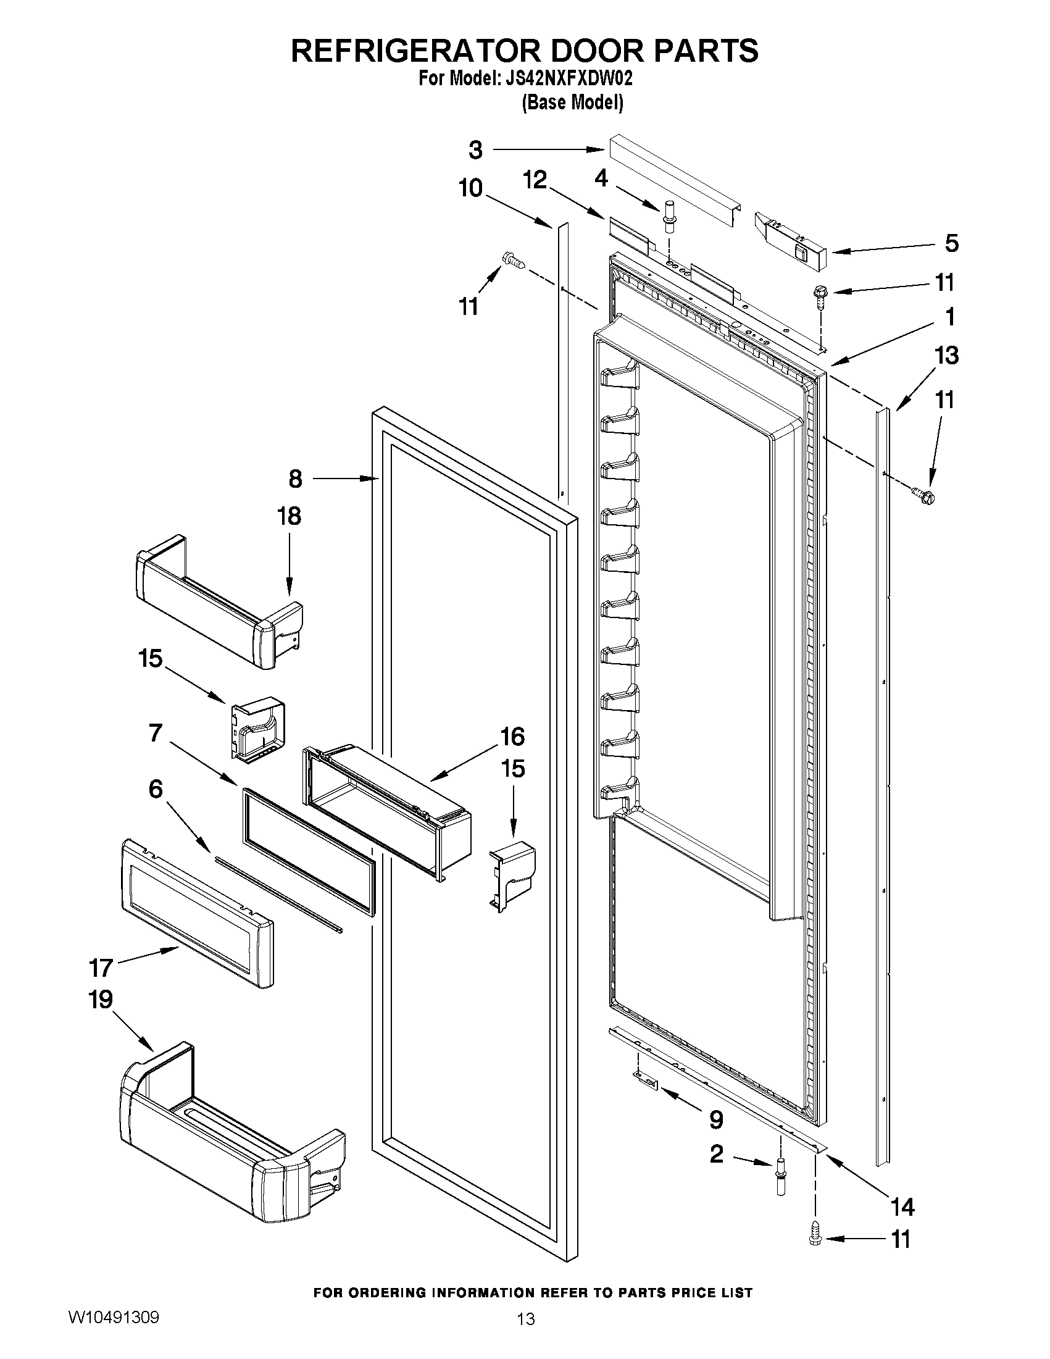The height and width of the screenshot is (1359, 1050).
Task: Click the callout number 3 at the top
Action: pyautogui.click(x=475, y=150)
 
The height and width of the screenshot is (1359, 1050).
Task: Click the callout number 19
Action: pyautogui.click(x=101, y=1000)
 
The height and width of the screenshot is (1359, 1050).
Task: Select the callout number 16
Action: pyautogui.click(x=512, y=737)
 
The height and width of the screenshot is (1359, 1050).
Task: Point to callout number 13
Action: pyautogui.click(x=946, y=356)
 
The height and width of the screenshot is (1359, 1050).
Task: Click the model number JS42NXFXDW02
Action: pyautogui.click(x=565, y=79)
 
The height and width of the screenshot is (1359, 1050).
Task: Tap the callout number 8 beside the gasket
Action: pyautogui.click(x=295, y=479)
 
